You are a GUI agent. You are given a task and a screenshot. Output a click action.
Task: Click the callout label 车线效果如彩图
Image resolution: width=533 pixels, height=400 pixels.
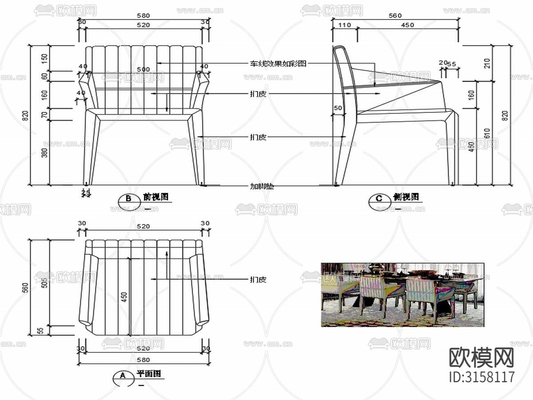[x=278, y=64]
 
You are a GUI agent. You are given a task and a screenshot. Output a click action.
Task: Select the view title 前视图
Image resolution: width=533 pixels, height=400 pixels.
[x=155, y=197]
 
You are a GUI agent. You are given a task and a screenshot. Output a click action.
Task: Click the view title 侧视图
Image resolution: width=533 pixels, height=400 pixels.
[x=406, y=197]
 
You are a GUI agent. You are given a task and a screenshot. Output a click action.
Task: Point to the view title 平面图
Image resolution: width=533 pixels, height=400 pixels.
[x=148, y=374]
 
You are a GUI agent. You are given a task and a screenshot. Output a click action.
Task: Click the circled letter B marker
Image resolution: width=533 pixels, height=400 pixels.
[x=128, y=199]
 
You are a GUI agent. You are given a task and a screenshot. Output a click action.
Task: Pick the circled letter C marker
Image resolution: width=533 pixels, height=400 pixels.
[x=379, y=199]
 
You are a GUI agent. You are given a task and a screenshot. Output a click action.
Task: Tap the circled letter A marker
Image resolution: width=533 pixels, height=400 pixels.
[x=123, y=376]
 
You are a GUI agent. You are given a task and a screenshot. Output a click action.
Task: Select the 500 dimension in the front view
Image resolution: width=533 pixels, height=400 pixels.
[x=143, y=69]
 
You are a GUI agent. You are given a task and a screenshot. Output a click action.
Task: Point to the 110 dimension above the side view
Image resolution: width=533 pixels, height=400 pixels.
[x=344, y=25]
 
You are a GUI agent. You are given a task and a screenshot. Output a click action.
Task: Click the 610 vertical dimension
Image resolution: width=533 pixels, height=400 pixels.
[x=487, y=133]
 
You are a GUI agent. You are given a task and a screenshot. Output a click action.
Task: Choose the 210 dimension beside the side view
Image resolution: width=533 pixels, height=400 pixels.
[x=487, y=63]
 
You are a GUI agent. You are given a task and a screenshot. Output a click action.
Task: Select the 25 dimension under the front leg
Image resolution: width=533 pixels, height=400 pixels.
[x=86, y=192]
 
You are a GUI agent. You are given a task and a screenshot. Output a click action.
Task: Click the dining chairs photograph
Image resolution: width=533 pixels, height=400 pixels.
[x=402, y=295]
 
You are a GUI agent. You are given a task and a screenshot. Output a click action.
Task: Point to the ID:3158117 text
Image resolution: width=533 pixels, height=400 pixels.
[x=482, y=377]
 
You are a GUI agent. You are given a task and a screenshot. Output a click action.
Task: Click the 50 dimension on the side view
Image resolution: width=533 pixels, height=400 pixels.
[x=338, y=108]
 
